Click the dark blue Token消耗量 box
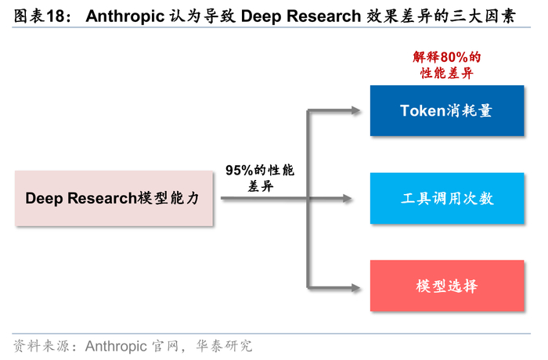[x=446, y=110]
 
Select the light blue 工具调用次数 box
[x=446, y=198]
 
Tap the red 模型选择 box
[x=446, y=286]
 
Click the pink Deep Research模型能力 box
[x=114, y=198]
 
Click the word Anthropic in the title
[x=123, y=16]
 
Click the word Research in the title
[x=323, y=16]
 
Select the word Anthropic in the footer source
[x=120, y=345]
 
